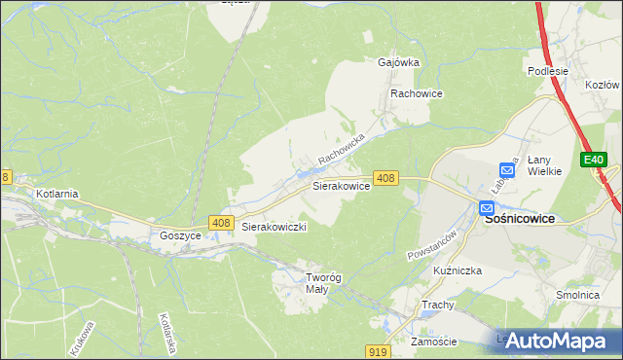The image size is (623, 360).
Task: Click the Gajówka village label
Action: (x=398, y=62)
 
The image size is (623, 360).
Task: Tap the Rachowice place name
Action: (x=417, y=93)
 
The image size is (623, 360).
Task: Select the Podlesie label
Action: (x=547, y=71)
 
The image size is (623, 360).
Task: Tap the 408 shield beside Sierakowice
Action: (x=385, y=177)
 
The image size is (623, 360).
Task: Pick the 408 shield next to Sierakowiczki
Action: (x=220, y=224)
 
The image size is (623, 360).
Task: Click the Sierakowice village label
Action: (x=340, y=185)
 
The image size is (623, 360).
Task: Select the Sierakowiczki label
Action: (x=275, y=227)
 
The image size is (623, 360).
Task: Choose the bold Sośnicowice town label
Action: (x=520, y=219)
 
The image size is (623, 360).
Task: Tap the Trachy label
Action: (x=438, y=305)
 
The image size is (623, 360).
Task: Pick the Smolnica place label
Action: (x=576, y=295)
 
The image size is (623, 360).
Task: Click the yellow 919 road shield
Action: (x=381, y=351)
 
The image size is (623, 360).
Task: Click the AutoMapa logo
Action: (x=556, y=341)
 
